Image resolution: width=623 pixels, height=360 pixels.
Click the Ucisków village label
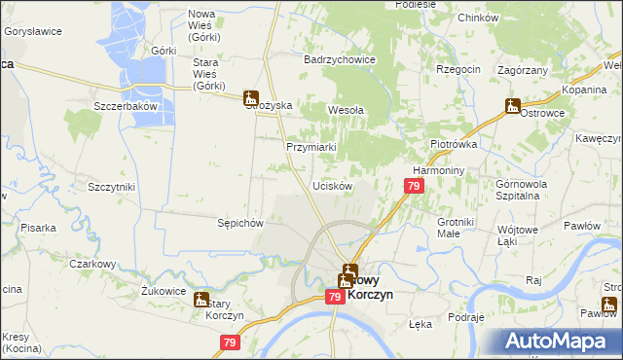(331, 185)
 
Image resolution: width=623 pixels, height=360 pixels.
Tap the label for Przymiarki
(311, 147)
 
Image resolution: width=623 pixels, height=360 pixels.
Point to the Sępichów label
(240, 222)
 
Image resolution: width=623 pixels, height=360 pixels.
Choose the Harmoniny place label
(435, 167)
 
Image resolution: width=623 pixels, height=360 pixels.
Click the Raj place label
(532, 279)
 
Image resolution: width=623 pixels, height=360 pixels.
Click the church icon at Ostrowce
(513, 106)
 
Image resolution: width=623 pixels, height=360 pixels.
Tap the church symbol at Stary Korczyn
(201, 300)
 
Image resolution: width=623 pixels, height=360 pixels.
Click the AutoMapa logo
(559, 341)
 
